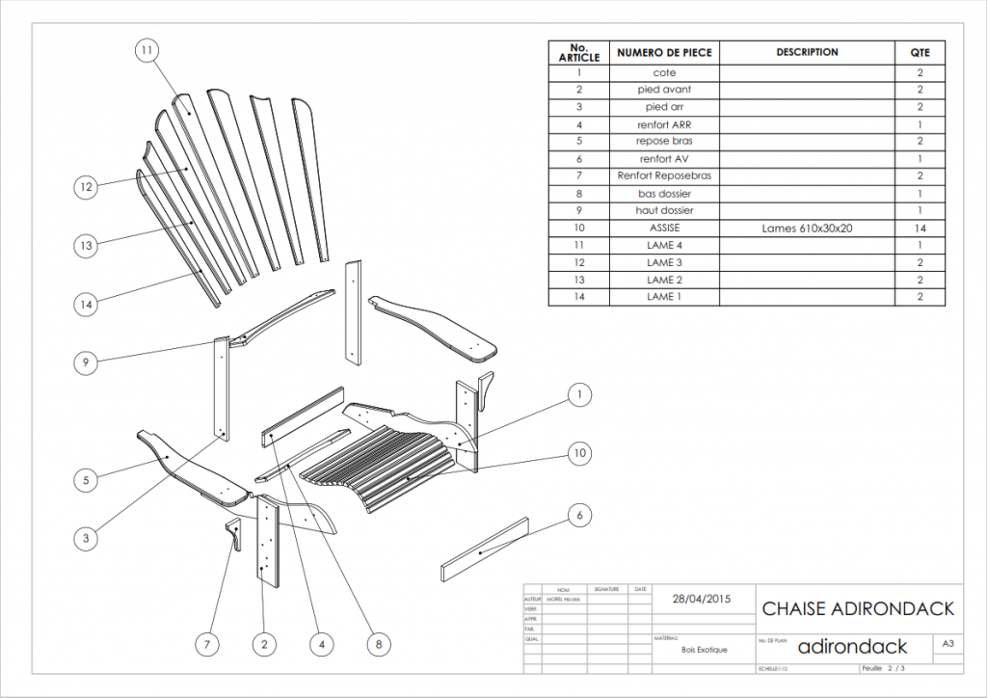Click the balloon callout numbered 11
point(147,50)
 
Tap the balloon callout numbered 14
point(87,304)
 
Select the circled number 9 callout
point(87,362)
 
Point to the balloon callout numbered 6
point(579,516)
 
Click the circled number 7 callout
point(206,644)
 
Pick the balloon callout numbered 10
point(579,452)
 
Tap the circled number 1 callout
point(579,394)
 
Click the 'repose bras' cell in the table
point(664,142)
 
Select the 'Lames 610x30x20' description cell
point(807,228)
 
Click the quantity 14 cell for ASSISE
point(920,228)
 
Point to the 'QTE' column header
point(920,53)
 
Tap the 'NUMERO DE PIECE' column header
point(664,53)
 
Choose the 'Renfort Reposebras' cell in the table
point(664,176)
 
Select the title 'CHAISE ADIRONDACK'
point(858,608)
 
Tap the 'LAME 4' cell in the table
point(664,246)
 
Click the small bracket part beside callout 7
point(232,532)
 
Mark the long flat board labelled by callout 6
point(487,550)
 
